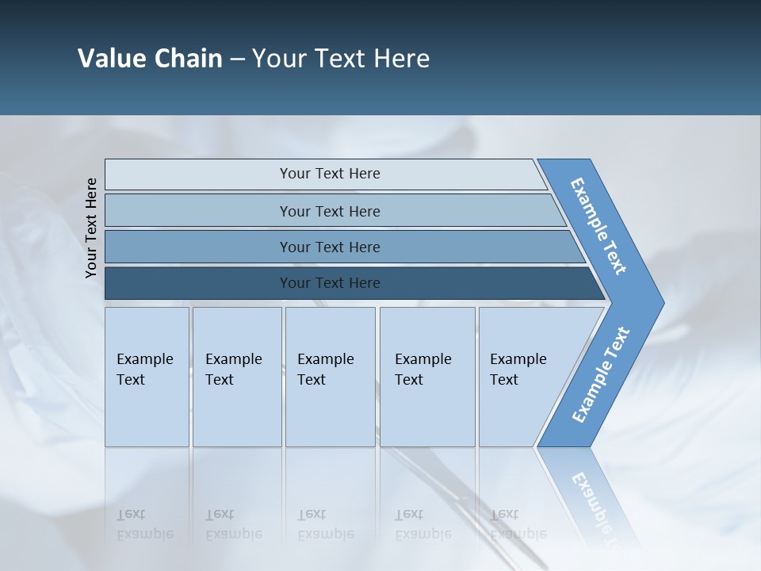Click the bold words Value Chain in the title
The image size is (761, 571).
point(150,59)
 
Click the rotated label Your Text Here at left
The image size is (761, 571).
point(91,228)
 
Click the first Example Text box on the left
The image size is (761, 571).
point(147,377)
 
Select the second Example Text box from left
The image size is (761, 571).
point(237,377)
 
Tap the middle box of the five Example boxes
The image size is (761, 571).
point(330,377)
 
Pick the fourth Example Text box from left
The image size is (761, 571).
point(427,377)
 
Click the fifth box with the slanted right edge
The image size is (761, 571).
point(523,377)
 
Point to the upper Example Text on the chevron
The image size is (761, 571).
point(598,226)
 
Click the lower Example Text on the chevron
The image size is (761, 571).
point(600,375)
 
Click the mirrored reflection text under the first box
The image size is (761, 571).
point(145,525)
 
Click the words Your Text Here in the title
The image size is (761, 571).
point(341,59)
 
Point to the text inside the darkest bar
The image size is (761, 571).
point(330,283)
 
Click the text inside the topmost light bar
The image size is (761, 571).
point(330,174)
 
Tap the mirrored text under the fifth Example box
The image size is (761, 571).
point(518,525)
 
